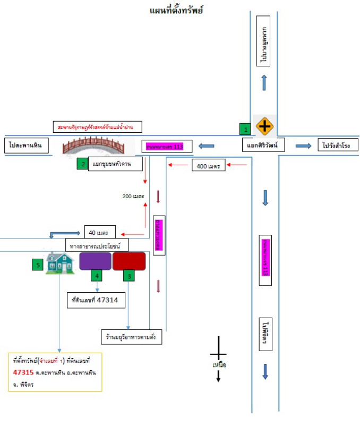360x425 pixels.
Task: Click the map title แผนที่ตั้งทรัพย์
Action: click(x=177, y=11)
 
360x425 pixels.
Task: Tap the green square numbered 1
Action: click(x=244, y=128)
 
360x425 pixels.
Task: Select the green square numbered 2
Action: click(x=82, y=164)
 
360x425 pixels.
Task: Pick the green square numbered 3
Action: click(x=129, y=275)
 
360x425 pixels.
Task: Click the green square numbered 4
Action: click(x=96, y=275)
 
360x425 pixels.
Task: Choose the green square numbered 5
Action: click(x=37, y=264)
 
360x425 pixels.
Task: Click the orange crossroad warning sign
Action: click(x=264, y=126)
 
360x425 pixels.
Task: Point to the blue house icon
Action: click(x=59, y=262)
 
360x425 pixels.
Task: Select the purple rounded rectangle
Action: click(x=96, y=261)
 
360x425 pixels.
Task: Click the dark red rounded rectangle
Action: click(x=129, y=261)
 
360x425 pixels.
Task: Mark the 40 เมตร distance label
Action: click(x=99, y=232)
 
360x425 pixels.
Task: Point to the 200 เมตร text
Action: click(x=133, y=196)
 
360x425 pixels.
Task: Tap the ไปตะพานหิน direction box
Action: click(x=26, y=144)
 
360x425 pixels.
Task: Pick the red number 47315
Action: click(x=24, y=372)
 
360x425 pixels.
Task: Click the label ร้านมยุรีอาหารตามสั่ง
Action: click(x=131, y=337)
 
